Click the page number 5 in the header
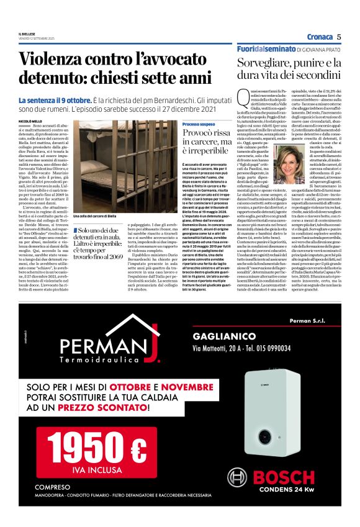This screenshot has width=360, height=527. click(x=339, y=36)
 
